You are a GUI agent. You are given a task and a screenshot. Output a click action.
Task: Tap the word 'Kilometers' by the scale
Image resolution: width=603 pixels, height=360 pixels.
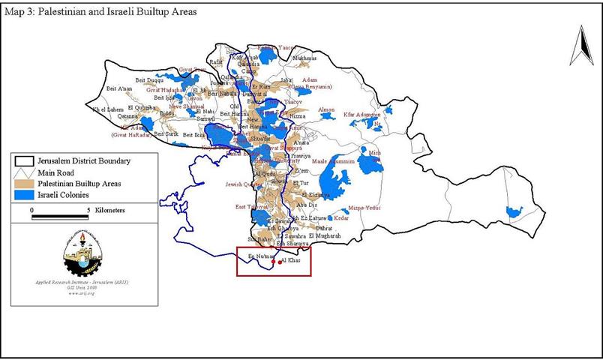[x=110, y=211]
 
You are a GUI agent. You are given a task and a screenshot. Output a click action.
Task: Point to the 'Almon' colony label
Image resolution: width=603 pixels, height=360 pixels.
[x=327, y=110]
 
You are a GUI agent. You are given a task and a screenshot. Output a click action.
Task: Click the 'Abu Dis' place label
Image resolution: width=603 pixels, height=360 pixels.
[x=306, y=203]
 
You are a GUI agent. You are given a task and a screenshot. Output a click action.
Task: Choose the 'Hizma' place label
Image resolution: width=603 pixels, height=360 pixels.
[x=297, y=117]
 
